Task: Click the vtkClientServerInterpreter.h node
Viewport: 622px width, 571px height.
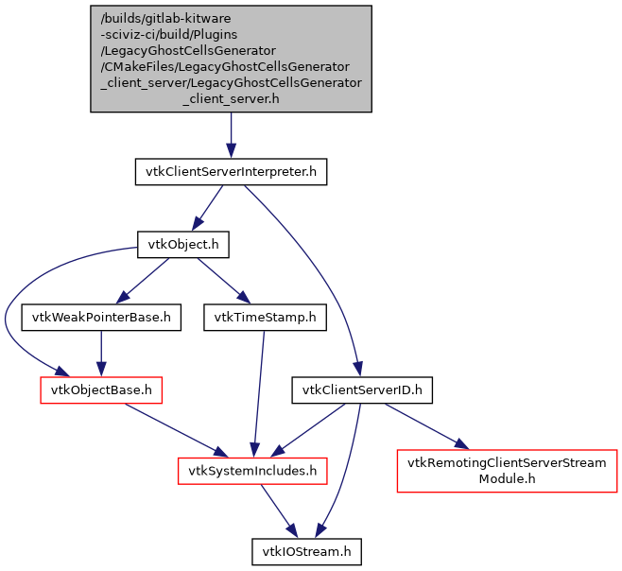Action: tap(231, 172)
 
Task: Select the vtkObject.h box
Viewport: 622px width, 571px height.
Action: tap(183, 245)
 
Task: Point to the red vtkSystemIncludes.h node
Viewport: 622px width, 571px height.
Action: tap(254, 469)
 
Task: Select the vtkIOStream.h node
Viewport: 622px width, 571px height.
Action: tap(306, 550)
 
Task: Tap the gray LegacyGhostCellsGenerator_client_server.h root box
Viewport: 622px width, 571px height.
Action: tap(231, 58)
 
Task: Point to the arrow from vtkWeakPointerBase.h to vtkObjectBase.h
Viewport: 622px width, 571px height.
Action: tap(102, 353)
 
